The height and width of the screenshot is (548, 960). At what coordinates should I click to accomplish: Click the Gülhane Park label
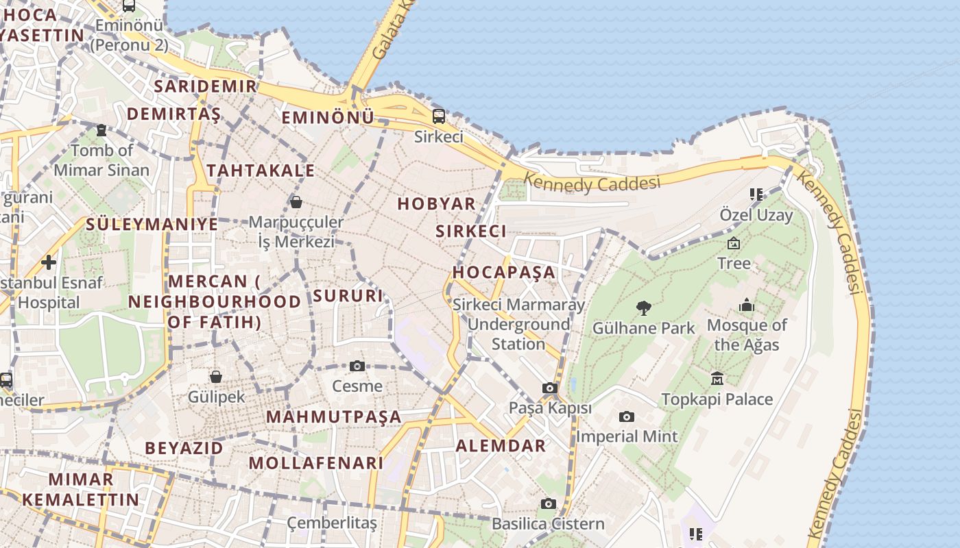click(643, 328)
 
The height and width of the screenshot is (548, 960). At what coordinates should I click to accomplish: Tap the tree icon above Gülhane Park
click(643, 308)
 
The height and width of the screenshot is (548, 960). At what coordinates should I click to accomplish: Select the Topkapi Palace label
click(717, 399)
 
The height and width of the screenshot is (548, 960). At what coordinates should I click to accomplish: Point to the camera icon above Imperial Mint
click(626, 416)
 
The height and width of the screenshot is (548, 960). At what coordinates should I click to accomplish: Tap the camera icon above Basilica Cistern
click(548, 504)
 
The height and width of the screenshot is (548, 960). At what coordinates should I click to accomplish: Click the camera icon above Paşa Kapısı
click(549, 388)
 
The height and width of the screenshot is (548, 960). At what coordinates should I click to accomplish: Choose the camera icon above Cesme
click(357, 366)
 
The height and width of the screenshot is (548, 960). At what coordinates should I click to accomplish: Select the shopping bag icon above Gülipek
click(216, 376)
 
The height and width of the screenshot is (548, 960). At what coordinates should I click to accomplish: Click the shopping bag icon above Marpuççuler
click(296, 201)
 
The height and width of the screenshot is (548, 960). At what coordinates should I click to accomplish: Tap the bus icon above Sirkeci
click(438, 116)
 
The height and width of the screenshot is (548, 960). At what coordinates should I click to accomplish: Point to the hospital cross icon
click(49, 262)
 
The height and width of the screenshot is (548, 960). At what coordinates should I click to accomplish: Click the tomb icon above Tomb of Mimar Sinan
click(101, 129)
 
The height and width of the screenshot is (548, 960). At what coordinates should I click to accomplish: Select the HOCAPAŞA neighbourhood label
click(504, 272)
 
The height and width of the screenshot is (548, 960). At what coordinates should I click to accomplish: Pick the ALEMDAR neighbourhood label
click(501, 446)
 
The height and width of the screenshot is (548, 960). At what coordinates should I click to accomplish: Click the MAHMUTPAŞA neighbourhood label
click(333, 416)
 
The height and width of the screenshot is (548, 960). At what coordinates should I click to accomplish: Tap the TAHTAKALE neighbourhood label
click(261, 171)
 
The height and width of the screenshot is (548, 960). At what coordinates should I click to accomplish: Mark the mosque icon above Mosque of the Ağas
click(746, 305)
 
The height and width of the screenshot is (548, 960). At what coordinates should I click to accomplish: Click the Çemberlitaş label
click(332, 523)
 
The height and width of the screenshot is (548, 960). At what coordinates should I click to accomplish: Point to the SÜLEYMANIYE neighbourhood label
click(152, 224)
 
